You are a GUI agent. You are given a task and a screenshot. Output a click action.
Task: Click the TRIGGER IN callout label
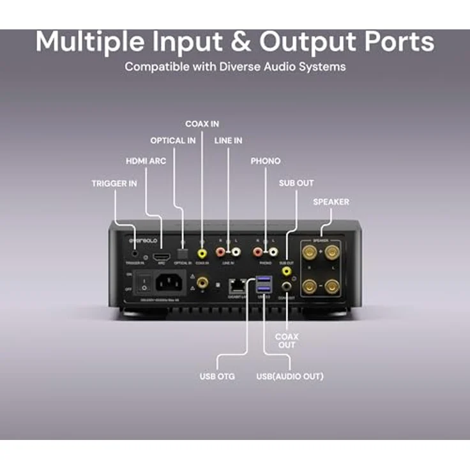(114, 183)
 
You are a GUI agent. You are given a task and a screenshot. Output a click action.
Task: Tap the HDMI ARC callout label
(146, 161)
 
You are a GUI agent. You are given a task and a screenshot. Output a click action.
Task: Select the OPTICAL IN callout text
(173, 140)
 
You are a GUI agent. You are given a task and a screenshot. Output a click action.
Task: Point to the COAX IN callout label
(202, 123)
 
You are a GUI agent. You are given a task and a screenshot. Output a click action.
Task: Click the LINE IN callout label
(229, 140)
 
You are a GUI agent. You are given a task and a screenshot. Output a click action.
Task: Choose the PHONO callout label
(265, 161)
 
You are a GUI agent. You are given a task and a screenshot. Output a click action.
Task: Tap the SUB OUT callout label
(296, 183)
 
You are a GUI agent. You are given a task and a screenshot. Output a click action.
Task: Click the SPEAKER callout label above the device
(331, 202)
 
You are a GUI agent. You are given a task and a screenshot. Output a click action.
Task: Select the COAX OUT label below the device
(287, 340)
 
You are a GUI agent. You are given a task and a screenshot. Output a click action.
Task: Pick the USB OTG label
(217, 376)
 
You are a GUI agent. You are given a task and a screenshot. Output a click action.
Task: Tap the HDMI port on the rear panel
(162, 254)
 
